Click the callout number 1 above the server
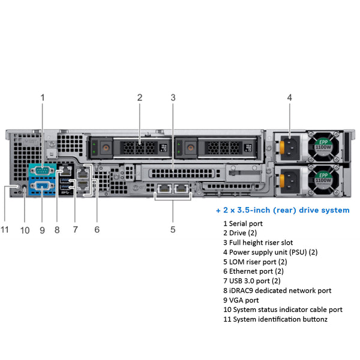pos(43,97)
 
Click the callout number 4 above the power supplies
pos(289,97)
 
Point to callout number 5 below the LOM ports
pos(173,229)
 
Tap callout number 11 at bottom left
pos(6,229)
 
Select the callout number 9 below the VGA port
pos(42,229)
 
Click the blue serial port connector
pos(41,171)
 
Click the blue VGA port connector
pos(41,187)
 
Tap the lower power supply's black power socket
pos(290,178)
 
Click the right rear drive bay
pos(215,148)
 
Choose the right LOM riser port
pos(182,189)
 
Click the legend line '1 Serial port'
pos(242,224)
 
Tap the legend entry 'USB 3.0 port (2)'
pos(251,281)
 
